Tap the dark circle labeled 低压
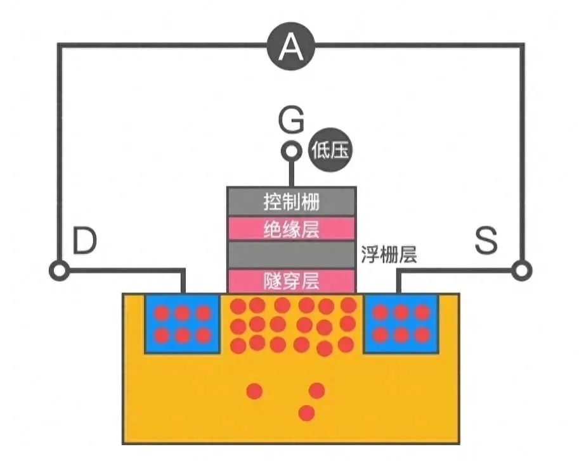(330, 151)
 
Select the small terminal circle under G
(291, 151)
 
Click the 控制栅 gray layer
(291, 202)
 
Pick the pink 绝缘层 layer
(291, 229)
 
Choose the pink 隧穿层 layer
(291, 279)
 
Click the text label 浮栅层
(389, 255)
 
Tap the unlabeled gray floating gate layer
(291, 254)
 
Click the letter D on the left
(84, 241)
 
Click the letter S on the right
(487, 241)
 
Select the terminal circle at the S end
(521, 271)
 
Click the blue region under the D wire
(183, 324)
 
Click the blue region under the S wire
(401, 324)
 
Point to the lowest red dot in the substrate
(307, 413)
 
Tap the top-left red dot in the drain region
(162, 313)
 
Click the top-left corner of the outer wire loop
(59, 45)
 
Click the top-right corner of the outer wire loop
(523, 45)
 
